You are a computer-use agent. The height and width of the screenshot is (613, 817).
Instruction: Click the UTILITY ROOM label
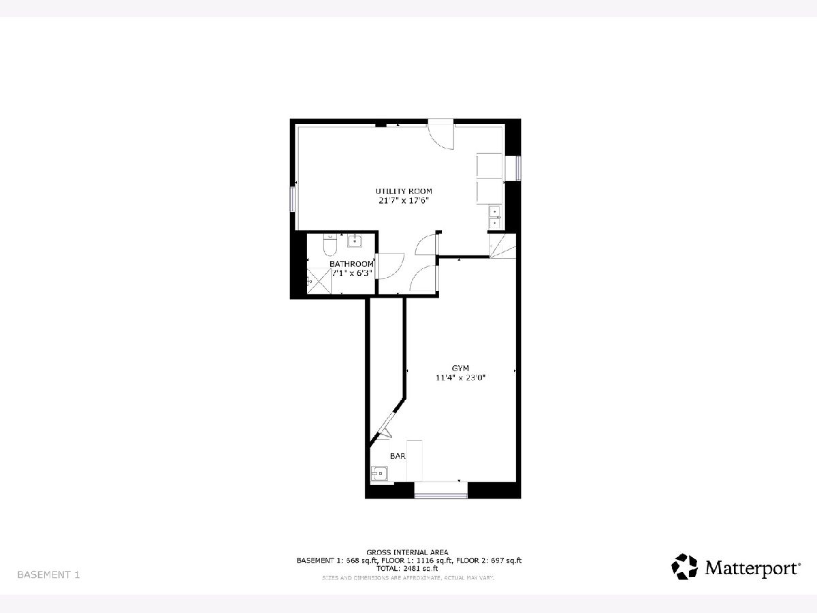404,191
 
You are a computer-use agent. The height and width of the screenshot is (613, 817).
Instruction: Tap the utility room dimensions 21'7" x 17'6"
404,201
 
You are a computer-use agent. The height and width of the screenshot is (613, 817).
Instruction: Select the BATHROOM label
351,264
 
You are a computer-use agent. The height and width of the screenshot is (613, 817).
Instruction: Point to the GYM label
460,368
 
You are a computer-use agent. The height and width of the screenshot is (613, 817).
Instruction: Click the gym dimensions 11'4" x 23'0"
461,378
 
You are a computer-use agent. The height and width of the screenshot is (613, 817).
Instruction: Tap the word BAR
398,456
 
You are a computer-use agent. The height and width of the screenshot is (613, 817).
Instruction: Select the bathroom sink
354,240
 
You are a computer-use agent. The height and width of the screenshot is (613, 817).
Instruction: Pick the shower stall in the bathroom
319,281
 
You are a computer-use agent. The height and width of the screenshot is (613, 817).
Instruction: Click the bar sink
379,474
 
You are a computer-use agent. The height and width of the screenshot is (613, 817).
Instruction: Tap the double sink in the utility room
495,217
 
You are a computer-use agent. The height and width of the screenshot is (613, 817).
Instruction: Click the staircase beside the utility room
502,246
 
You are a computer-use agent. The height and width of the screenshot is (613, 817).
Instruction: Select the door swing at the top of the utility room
440,134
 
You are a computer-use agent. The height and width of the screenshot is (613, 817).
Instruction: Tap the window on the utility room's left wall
293,199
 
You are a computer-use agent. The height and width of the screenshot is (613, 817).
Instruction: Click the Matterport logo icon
684,567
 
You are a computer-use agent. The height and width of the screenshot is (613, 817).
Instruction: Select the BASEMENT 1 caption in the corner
48,575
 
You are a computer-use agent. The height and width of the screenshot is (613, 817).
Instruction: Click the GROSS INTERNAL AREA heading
407,552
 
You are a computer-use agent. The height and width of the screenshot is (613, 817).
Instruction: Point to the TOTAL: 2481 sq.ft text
407,568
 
